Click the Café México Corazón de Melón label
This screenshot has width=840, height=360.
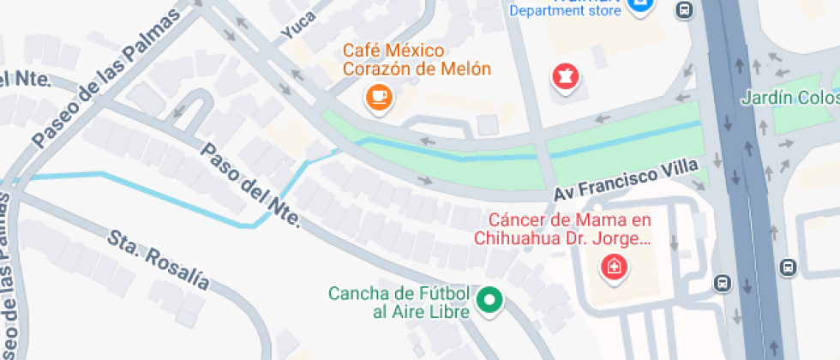pyautogui.click(x=417, y=58)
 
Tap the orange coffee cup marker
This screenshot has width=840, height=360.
pyautogui.click(x=379, y=96)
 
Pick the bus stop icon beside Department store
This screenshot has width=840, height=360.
pyautogui.click(x=684, y=10)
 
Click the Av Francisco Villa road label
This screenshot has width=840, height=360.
pyautogui.click(x=626, y=182)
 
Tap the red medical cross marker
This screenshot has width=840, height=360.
pyautogui.click(x=614, y=267)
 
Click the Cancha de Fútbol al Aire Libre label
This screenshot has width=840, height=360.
pyautogui.click(x=399, y=303)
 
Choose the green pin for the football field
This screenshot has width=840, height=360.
pyautogui.click(x=489, y=301)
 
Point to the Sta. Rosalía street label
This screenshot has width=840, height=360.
pyautogui.click(x=158, y=259)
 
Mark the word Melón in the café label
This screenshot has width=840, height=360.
pyautogui.click(x=466, y=69)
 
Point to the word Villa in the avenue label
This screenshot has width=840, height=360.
pyautogui.click(x=681, y=171)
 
